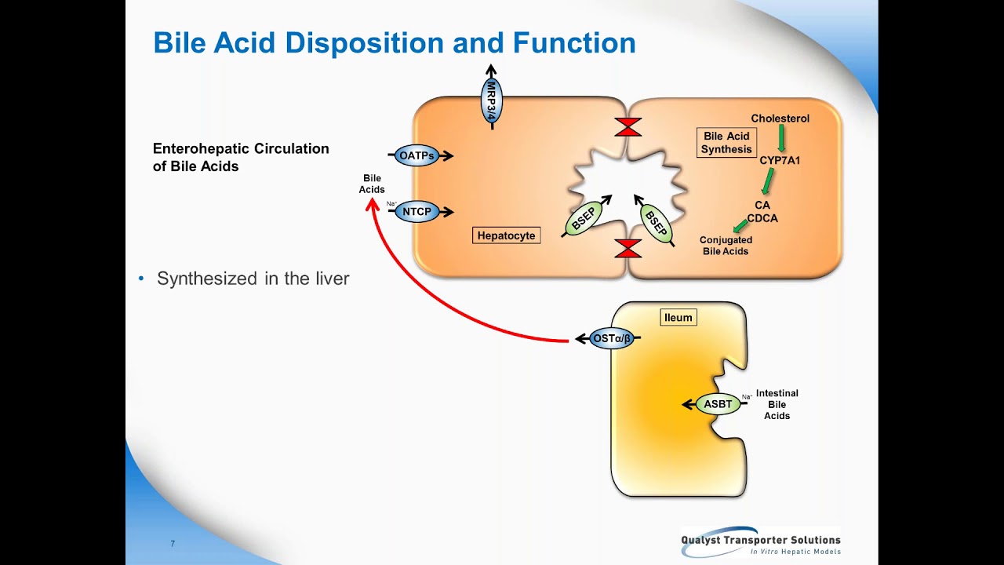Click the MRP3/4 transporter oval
492,100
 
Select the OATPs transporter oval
417,155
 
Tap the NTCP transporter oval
417,212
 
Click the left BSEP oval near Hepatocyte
584,218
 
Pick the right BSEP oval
656,223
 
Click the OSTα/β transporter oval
611,339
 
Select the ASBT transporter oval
718,404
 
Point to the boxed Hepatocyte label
506,235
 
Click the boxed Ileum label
678,318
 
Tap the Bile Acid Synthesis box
726,143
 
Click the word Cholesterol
780,118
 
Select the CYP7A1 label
780,161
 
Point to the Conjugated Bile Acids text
726,246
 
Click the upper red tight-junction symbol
627,127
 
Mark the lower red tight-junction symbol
627,249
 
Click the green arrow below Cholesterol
781,139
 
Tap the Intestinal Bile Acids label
777,404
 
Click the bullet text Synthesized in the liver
253,279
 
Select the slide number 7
173,544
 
